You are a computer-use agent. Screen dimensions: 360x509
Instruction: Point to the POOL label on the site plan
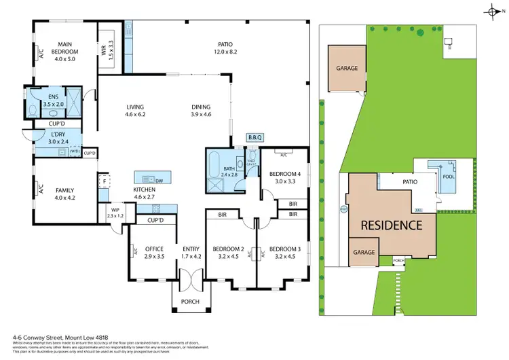pos(449,177)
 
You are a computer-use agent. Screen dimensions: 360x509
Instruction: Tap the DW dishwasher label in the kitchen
pos(157,181)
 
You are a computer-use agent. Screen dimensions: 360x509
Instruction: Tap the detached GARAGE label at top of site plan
pos(347,68)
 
